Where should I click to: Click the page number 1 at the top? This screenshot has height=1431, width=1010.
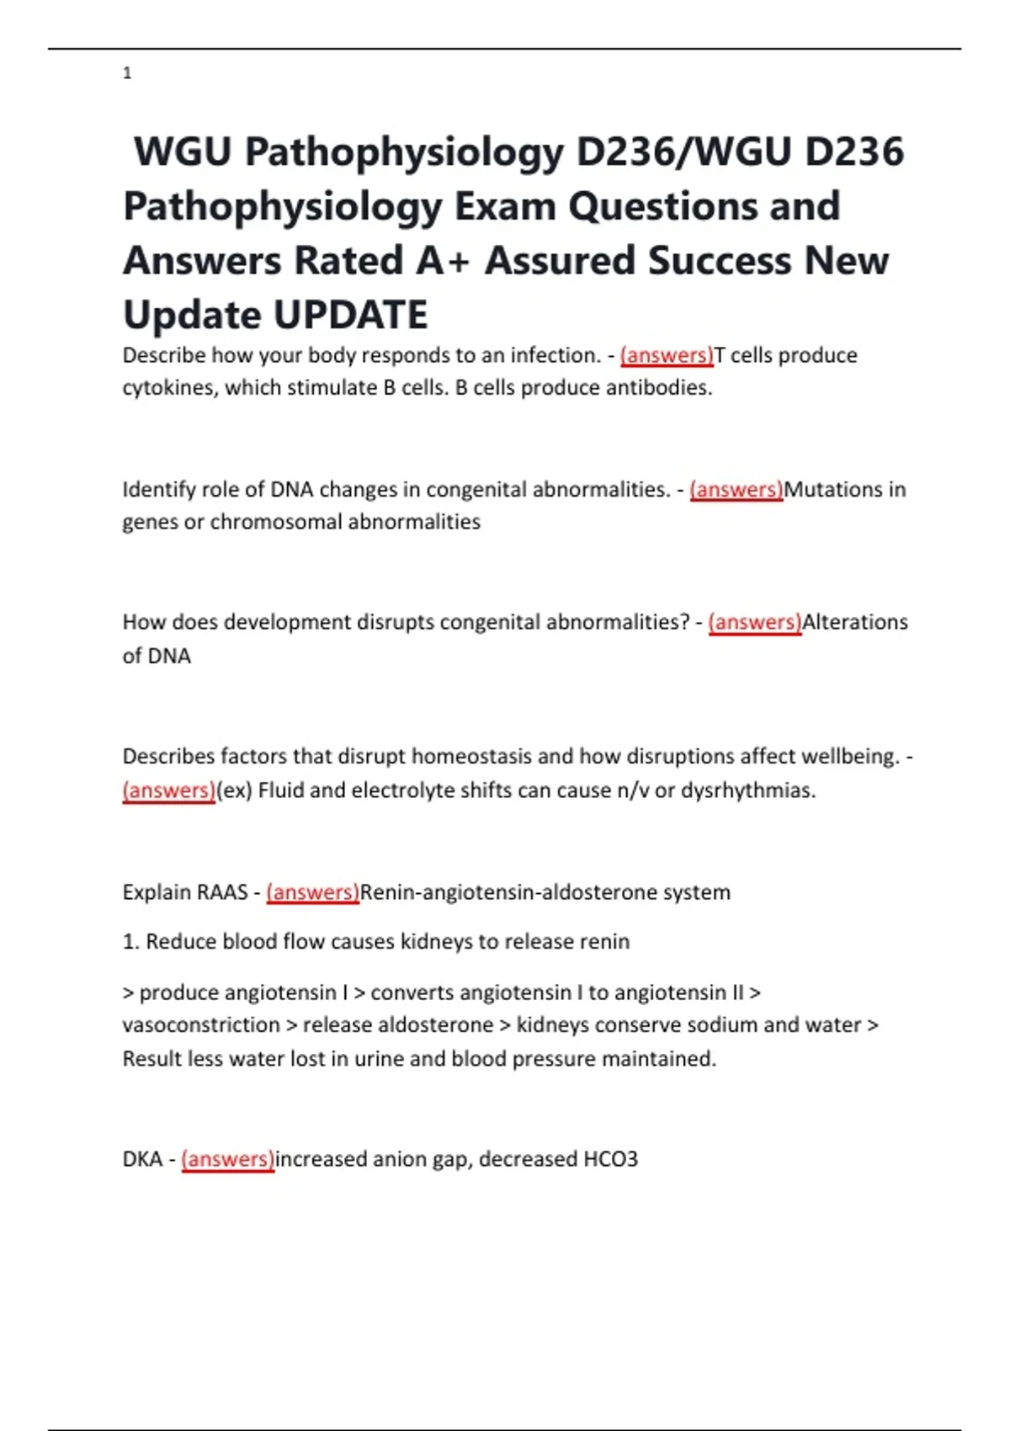pos(127,74)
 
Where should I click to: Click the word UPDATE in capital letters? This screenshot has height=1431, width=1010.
pos(351,315)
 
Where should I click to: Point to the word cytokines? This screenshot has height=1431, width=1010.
pos(171,388)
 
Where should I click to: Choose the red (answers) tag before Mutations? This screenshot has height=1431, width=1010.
pos(736,490)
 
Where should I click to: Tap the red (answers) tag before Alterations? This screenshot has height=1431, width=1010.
pos(755,622)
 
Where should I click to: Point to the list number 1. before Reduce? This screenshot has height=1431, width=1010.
pos(131,942)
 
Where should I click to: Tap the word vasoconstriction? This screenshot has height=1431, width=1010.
pos(201,1025)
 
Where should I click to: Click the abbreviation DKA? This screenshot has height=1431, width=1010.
pos(142,1159)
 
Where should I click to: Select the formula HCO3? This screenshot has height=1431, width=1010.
pos(610,1159)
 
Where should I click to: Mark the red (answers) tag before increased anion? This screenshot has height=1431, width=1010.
pos(228,1159)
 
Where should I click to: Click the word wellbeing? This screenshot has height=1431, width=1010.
pos(848,756)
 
